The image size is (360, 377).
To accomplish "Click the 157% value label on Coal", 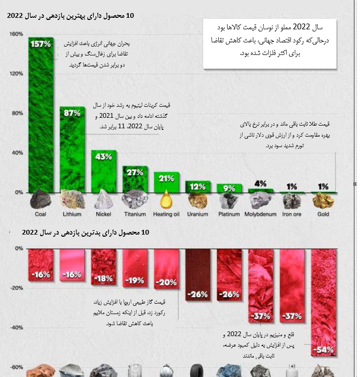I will [41, 44].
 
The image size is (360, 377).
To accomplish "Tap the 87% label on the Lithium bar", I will [72, 113].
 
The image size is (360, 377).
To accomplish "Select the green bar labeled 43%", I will [104, 173].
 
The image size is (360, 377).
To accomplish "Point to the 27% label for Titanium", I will [135, 172].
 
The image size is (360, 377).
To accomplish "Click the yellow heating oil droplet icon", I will [166, 199].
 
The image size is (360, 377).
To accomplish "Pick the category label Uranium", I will [197, 214].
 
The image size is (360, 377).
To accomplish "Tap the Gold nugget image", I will [323, 200].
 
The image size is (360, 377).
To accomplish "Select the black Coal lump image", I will [40, 200].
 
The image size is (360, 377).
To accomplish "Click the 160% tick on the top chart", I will [16, 35].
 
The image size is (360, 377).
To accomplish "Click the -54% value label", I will [323, 349].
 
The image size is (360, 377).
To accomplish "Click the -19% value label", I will [135, 280].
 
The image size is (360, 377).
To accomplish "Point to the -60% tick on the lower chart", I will [16, 367].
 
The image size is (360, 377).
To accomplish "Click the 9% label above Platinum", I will [229, 188].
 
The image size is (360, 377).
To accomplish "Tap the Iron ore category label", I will [292, 214].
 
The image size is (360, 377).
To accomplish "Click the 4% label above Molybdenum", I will [260, 184].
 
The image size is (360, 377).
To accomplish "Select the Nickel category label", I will [103, 214].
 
